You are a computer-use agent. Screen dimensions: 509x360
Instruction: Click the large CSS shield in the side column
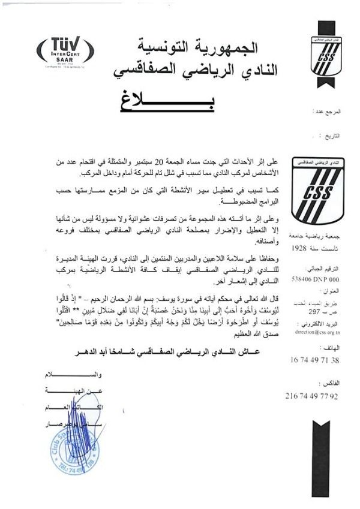point(317,191)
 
